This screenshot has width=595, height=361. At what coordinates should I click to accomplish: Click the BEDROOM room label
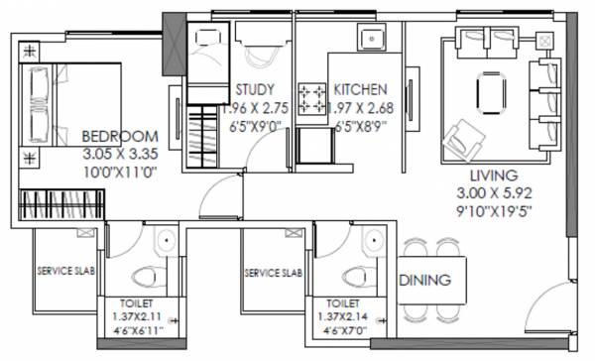click(121, 136)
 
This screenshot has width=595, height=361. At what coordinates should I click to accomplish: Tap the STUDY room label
click(255, 89)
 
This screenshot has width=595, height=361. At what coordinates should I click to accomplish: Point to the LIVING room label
click(487, 175)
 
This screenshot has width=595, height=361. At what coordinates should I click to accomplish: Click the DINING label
click(432, 281)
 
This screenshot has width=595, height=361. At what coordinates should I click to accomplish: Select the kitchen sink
click(371, 42)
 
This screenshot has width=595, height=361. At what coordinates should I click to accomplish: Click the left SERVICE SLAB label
click(66, 271)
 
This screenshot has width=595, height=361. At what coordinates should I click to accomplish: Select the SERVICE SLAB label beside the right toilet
click(274, 271)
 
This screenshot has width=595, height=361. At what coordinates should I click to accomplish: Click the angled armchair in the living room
click(461, 136)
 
